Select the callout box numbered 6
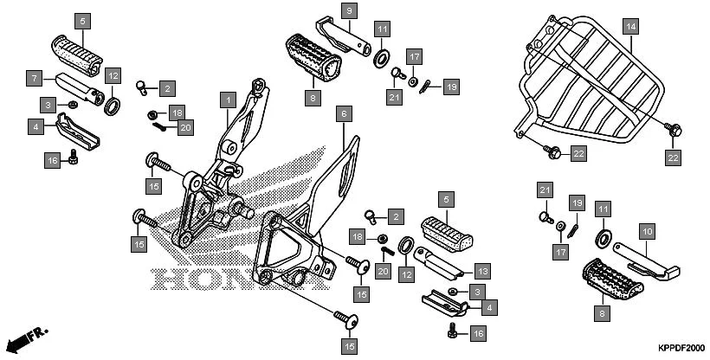point(343,113)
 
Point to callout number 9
point(347,11)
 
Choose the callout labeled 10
point(646,231)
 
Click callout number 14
point(630,27)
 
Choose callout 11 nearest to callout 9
point(382,29)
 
